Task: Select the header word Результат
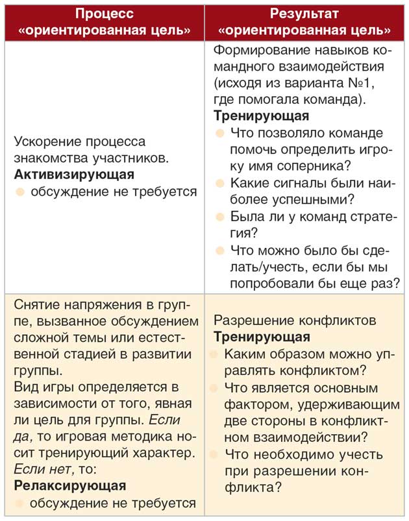click(x=304, y=14)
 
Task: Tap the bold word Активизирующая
click(x=74, y=175)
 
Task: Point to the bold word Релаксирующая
click(x=70, y=485)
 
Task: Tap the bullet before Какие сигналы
click(x=219, y=184)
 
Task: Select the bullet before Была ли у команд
click(x=219, y=217)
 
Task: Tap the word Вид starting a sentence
click(x=26, y=387)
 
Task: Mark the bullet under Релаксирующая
click(x=20, y=503)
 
